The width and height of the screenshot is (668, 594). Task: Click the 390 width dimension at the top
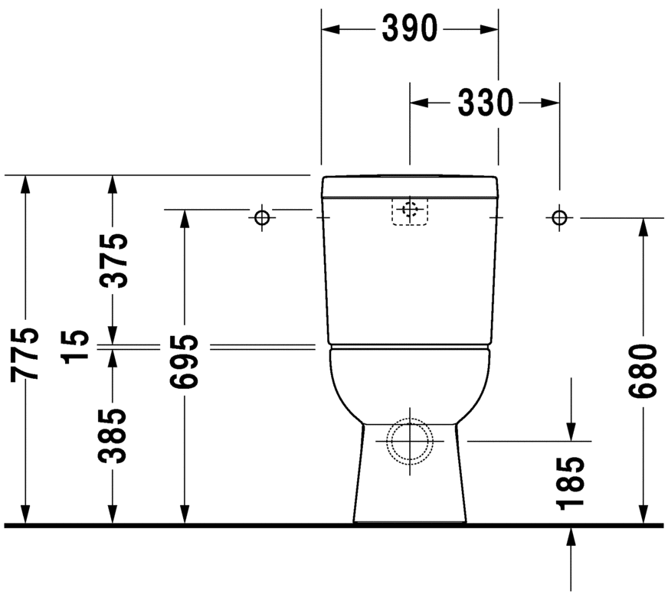[x=409, y=28]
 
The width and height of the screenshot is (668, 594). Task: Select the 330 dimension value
[x=485, y=102]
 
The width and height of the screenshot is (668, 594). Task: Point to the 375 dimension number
[x=113, y=259]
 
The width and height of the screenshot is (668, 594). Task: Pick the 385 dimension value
[x=113, y=436]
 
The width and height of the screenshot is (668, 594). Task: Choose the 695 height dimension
[x=185, y=361]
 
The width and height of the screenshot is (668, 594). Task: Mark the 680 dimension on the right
[x=643, y=371]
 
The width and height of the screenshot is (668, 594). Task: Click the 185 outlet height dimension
[x=571, y=484]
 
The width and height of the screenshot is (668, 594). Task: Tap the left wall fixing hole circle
[x=262, y=218]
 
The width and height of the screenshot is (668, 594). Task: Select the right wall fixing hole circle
[x=559, y=218]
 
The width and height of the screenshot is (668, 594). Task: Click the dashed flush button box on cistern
[x=410, y=211]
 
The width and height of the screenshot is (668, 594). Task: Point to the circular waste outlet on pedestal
[x=410, y=441]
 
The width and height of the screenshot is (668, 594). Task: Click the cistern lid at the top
[x=410, y=184]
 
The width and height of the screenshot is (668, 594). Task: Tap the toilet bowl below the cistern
[x=410, y=383]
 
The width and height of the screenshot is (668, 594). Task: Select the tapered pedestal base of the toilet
[x=410, y=490]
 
